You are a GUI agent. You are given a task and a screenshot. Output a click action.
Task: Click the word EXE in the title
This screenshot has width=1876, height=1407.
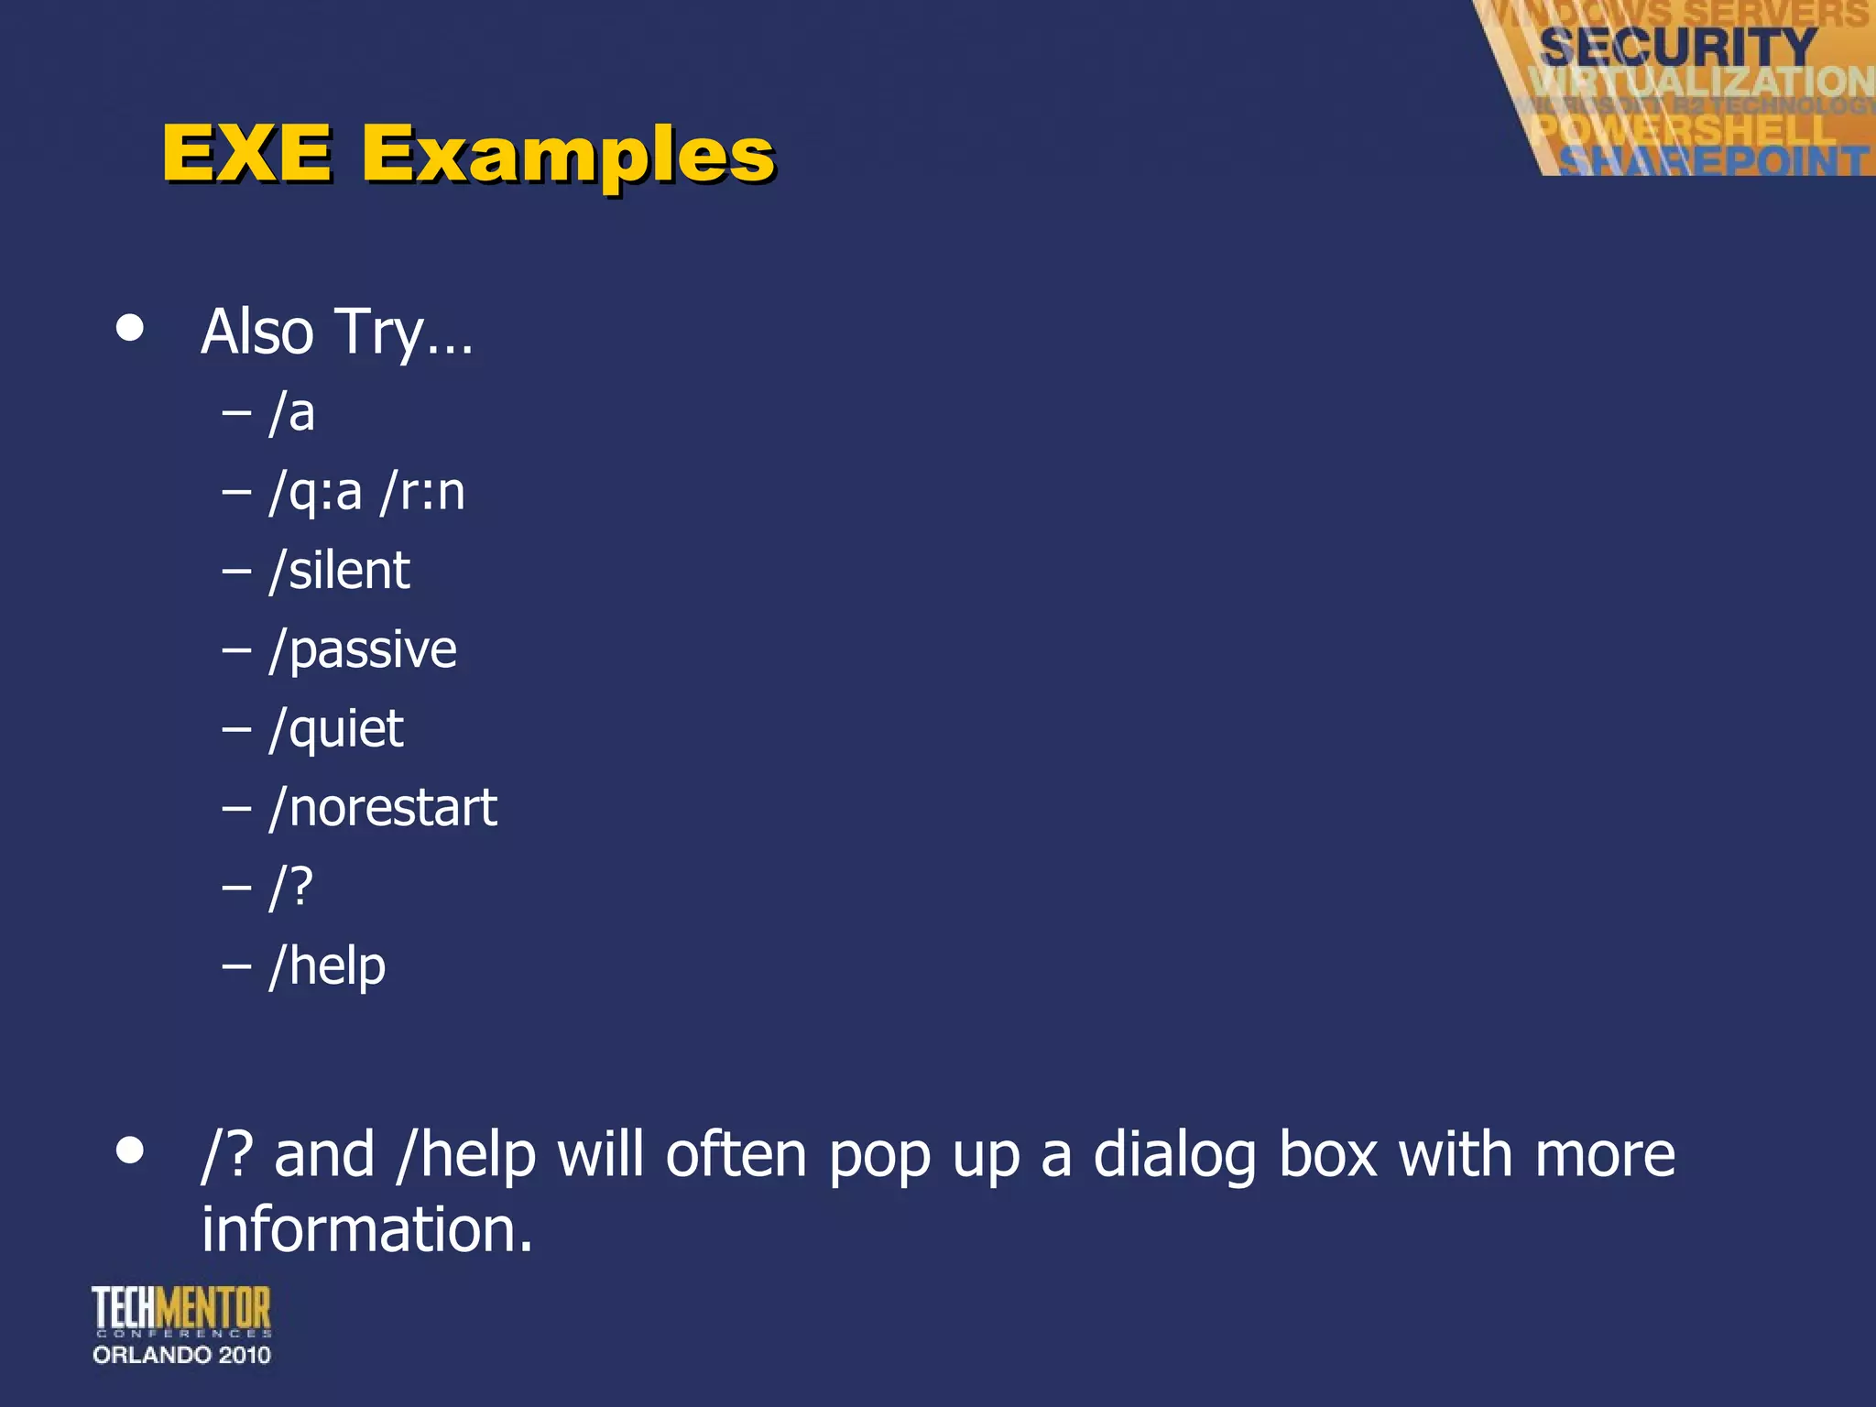click(247, 153)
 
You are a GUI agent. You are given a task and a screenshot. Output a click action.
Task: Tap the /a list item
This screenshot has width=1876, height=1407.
click(292, 412)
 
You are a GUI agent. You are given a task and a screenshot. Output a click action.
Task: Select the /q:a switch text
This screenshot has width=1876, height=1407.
click(316, 493)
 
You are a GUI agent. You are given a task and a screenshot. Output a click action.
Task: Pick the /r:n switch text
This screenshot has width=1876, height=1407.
click(422, 492)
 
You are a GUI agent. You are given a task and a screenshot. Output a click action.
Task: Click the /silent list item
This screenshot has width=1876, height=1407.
click(340, 571)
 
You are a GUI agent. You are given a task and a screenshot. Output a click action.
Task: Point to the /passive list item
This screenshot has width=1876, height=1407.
click(363, 650)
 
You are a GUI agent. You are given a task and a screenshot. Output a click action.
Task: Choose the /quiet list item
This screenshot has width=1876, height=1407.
click(336, 730)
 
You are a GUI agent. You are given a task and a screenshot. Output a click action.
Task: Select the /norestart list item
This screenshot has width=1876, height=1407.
click(383, 808)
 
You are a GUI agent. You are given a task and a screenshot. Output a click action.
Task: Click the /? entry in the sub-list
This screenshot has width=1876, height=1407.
click(291, 887)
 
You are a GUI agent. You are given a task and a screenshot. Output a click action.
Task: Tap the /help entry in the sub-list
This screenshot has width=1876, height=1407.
click(327, 966)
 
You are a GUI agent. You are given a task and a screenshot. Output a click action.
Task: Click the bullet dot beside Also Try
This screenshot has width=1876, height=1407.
click(130, 328)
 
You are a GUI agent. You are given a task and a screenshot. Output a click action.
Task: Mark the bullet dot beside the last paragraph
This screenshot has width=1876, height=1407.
click(130, 1151)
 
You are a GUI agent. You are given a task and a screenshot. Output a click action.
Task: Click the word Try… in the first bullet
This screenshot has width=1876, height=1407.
click(404, 332)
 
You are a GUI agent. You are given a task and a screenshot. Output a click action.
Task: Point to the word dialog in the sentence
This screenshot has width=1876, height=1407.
click(1175, 1156)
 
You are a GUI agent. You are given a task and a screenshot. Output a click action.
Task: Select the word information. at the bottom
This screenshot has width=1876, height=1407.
click(366, 1229)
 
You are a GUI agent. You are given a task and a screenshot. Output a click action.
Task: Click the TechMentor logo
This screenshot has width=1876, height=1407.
click(181, 1310)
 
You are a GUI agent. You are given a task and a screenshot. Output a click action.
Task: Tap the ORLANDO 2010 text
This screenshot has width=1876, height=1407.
click(181, 1355)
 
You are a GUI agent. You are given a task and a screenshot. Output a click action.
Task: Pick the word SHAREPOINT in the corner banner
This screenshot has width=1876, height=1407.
click(1713, 161)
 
